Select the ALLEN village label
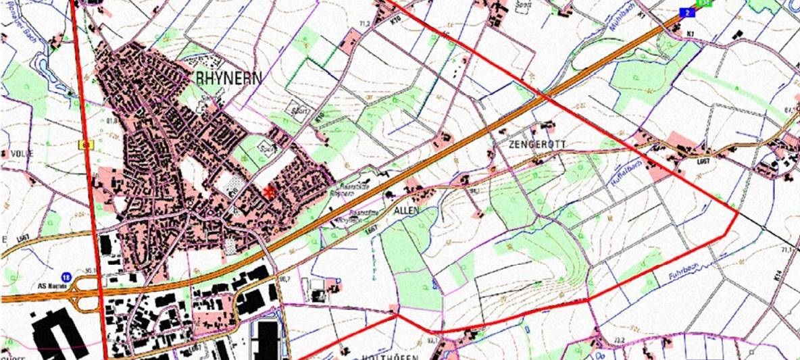(x=407, y=211)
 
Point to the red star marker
(x=270, y=192)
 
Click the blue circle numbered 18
(x=66, y=277)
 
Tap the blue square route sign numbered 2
(x=686, y=12)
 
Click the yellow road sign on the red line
(x=86, y=143)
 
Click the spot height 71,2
(x=366, y=24)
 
